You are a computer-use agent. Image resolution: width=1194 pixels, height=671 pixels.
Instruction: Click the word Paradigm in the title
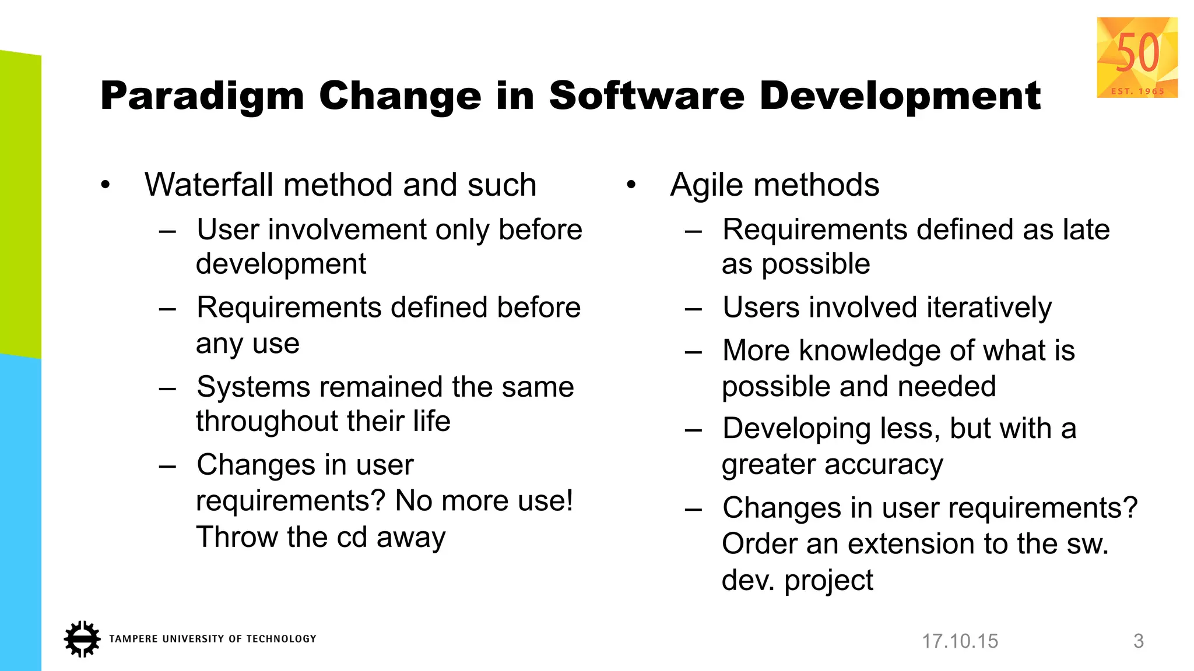click(202, 96)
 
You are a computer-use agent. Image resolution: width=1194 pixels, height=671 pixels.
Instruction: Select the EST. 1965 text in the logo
click(1137, 91)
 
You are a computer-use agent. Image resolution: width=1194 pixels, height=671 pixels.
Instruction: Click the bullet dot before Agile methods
click(631, 186)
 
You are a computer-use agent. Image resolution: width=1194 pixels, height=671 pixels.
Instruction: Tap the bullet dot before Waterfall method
click(105, 186)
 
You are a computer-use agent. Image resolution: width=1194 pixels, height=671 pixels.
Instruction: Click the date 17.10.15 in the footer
click(960, 641)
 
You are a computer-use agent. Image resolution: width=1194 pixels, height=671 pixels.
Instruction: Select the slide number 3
click(1138, 641)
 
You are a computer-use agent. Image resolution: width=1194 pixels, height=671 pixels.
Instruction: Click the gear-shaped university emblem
click(82, 639)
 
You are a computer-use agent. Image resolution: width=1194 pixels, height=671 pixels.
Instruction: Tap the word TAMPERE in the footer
click(133, 639)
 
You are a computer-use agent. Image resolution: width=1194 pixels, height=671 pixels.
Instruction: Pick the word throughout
click(252, 421)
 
